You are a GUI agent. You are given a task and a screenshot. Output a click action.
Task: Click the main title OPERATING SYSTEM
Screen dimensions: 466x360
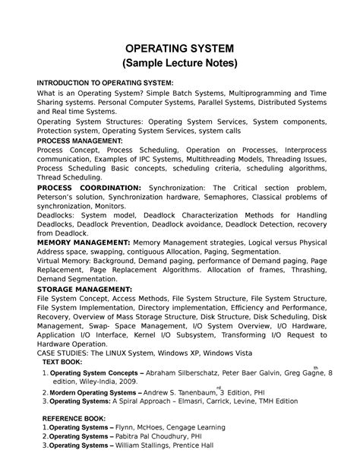(180, 48)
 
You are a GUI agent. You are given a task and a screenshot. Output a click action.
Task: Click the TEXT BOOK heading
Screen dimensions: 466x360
(65, 364)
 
